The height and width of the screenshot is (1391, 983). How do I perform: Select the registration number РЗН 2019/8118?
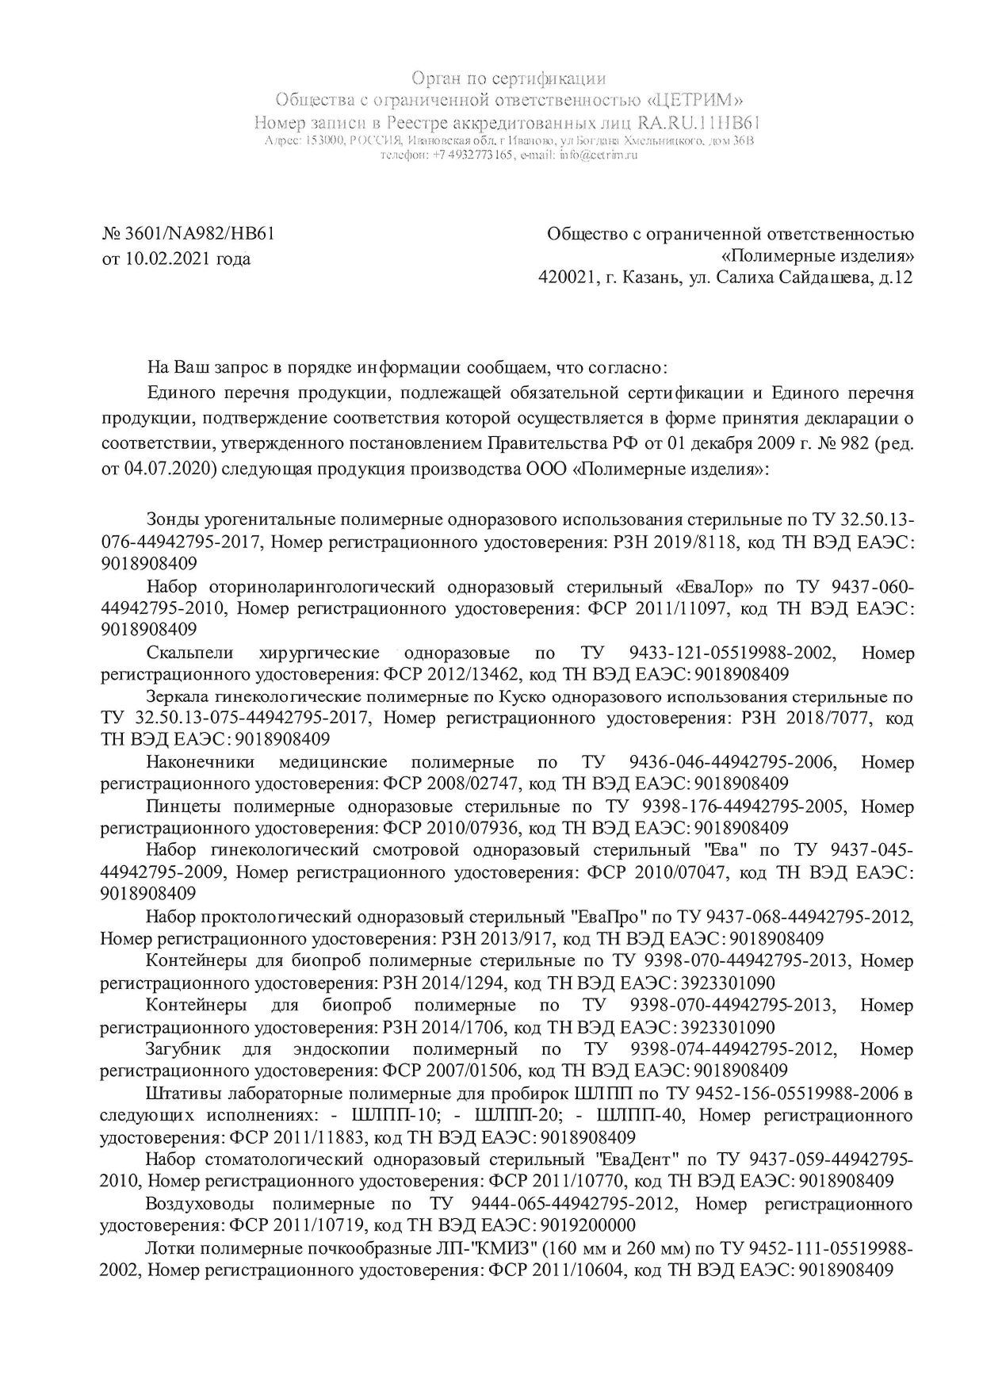(686, 542)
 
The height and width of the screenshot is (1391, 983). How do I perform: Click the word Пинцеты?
(178, 807)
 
